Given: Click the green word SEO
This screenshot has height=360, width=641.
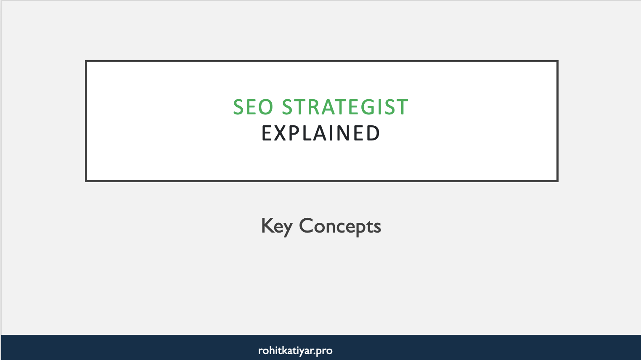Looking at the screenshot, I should click(x=253, y=107).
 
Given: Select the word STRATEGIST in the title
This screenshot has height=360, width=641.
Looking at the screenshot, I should click(x=345, y=107).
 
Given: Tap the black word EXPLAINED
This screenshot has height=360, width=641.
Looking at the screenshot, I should click(x=321, y=133).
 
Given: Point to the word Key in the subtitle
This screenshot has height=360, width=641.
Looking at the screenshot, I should click(x=276, y=226).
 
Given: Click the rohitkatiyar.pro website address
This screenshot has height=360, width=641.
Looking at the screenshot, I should click(x=295, y=350).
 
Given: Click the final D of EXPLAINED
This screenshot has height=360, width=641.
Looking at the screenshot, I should click(x=373, y=133).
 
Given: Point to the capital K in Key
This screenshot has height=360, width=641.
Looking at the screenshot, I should click(x=267, y=225).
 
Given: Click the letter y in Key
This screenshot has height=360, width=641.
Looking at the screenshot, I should click(x=287, y=228).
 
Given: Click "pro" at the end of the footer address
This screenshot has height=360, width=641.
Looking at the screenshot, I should click(x=324, y=351).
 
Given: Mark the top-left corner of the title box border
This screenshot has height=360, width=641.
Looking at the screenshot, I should click(x=86, y=61).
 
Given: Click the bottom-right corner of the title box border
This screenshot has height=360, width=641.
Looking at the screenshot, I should click(x=557, y=181).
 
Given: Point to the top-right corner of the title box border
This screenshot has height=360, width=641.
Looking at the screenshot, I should click(x=557, y=61).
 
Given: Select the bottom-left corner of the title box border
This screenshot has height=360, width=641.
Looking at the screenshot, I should click(x=86, y=181).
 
